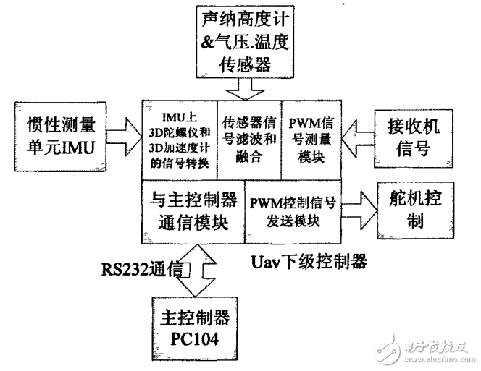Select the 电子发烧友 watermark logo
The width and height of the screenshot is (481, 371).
click(427, 346)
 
